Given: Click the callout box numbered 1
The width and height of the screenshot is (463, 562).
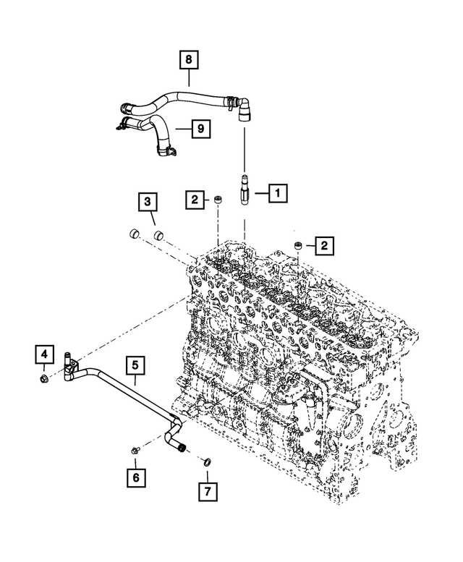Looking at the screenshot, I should pos(278,193).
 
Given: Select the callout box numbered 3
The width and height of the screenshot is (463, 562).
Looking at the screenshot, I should pos(147,200).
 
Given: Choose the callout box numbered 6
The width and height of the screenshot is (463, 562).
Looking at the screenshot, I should pos(135,477).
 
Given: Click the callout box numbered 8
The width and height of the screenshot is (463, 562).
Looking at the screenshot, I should pos(189,59).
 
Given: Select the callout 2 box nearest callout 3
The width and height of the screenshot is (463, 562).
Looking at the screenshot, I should pos(194,199).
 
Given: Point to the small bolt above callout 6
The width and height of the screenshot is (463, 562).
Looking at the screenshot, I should pos(135,451).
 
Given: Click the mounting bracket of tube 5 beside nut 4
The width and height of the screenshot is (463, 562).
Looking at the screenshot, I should pos(69,369).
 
